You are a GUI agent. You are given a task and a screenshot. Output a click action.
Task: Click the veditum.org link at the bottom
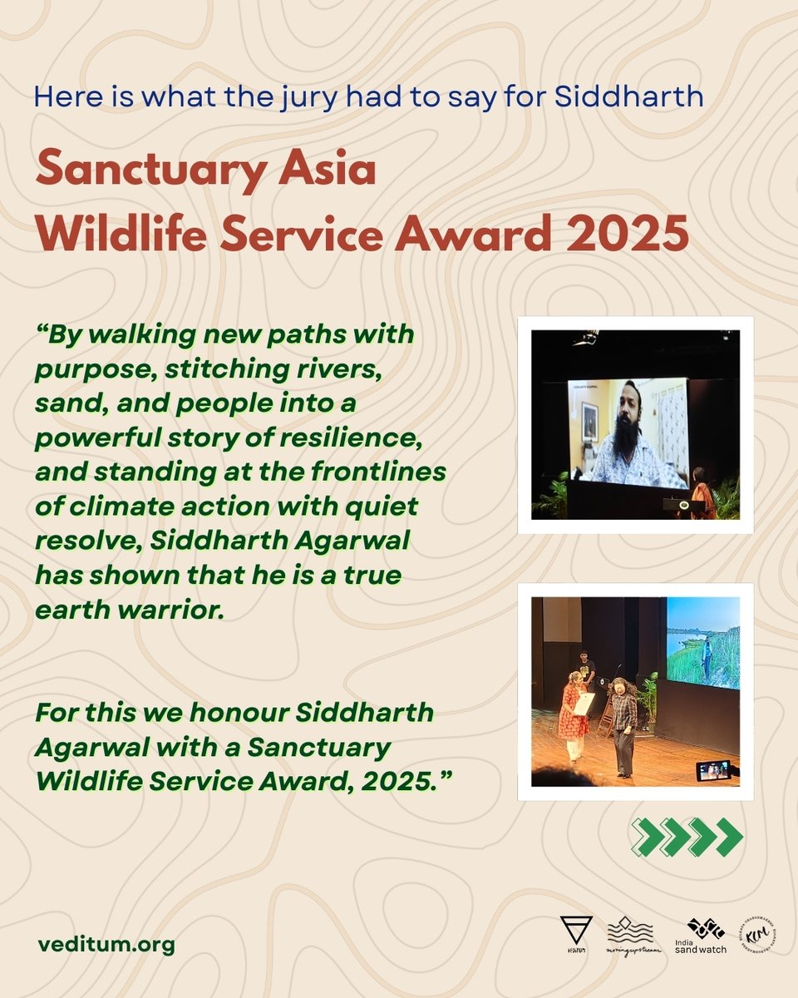[x=106, y=946]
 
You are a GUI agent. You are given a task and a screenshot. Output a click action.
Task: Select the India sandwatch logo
[x=706, y=936]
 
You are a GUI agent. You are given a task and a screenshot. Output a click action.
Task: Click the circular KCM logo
[x=757, y=936]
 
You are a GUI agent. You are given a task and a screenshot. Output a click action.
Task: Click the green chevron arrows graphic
[x=687, y=837]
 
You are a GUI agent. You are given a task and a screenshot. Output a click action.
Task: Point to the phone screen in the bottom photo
[x=713, y=771]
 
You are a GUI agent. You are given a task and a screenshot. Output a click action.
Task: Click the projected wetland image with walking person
[x=702, y=642]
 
